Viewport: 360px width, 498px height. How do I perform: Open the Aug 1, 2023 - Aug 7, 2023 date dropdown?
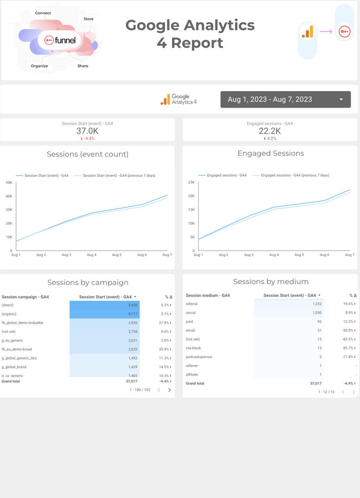tap(285, 99)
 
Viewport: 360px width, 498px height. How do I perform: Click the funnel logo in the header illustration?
tap(60, 40)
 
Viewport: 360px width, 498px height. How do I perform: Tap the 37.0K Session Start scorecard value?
tap(87, 131)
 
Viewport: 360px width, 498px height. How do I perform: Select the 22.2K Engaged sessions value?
tap(270, 131)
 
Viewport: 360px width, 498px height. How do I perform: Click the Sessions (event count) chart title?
tap(88, 154)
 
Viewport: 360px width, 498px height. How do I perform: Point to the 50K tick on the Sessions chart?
tap(9, 183)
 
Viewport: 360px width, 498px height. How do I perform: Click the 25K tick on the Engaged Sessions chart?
tap(191, 182)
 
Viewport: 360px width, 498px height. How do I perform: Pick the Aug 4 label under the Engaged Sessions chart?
tap(274, 255)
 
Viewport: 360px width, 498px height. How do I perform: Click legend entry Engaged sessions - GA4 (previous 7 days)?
tap(295, 175)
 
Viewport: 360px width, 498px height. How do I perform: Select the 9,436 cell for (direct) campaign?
tap(132, 305)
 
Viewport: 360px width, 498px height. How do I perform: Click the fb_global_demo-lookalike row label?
tap(22, 323)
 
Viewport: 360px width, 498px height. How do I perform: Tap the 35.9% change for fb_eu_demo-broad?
tap(164, 349)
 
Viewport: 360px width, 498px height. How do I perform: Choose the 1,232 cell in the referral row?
tap(317, 304)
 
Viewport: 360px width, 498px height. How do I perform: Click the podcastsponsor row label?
tap(199, 357)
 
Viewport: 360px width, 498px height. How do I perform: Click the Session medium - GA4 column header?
tap(208, 295)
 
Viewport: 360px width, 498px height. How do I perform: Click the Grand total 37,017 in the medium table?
tap(316, 384)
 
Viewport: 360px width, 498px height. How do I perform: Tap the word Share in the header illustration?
tap(83, 66)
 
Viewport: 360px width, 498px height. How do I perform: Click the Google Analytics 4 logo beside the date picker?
tap(178, 99)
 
